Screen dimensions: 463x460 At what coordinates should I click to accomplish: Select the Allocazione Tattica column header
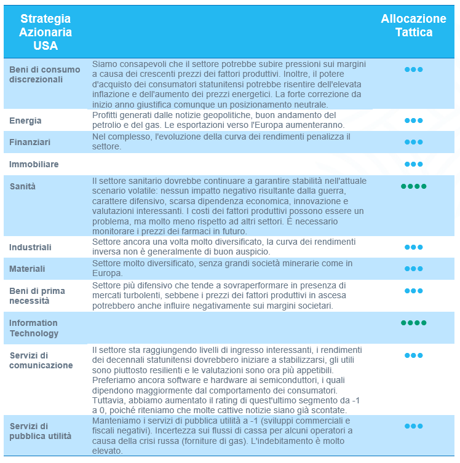pyautogui.click(x=413, y=25)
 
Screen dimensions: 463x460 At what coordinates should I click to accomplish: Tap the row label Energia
pyautogui.click(x=25, y=121)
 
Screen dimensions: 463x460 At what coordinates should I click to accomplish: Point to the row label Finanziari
pyautogui.click(x=30, y=142)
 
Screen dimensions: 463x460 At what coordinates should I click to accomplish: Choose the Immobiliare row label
pyautogui.click(x=34, y=164)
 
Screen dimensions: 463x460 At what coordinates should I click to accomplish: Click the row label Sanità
pyautogui.click(x=22, y=186)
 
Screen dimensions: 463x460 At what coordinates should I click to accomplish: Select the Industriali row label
pyautogui.click(x=30, y=247)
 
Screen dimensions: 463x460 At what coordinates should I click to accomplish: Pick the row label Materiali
pyautogui.click(x=28, y=269)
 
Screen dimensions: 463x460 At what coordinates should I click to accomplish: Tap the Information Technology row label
pyautogui.click(x=34, y=328)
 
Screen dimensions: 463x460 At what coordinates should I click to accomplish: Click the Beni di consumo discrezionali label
pyautogui.click(x=45, y=74)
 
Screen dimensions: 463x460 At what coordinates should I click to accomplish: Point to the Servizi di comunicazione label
pyautogui.click(x=41, y=360)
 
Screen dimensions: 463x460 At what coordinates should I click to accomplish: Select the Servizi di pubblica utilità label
pyautogui.click(x=41, y=430)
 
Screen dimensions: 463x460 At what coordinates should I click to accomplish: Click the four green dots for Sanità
pyautogui.click(x=413, y=186)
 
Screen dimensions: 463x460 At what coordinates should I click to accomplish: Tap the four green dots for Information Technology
pyautogui.click(x=413, y=323)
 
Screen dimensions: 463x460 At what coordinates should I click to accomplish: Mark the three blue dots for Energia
pyautogui.click(x=413, y=121)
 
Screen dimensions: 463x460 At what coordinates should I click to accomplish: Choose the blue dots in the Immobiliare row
pyautogui.click(x=413, y=164)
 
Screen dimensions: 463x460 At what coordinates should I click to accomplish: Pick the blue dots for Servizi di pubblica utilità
pyautogui.click(x=413, y=425)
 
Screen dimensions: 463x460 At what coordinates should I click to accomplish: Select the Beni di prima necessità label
pyautogui.click(x=37, y=296)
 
